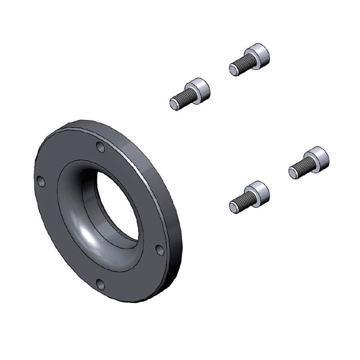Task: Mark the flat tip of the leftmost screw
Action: click(174, 105)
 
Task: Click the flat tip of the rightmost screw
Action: click(293, 173)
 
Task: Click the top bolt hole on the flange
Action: click(100, 147)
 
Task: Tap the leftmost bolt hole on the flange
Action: click(41, 182)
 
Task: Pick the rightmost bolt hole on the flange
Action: click(159, 250)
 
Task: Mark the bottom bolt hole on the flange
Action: click(100, 284)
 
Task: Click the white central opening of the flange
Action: click(117, 205)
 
